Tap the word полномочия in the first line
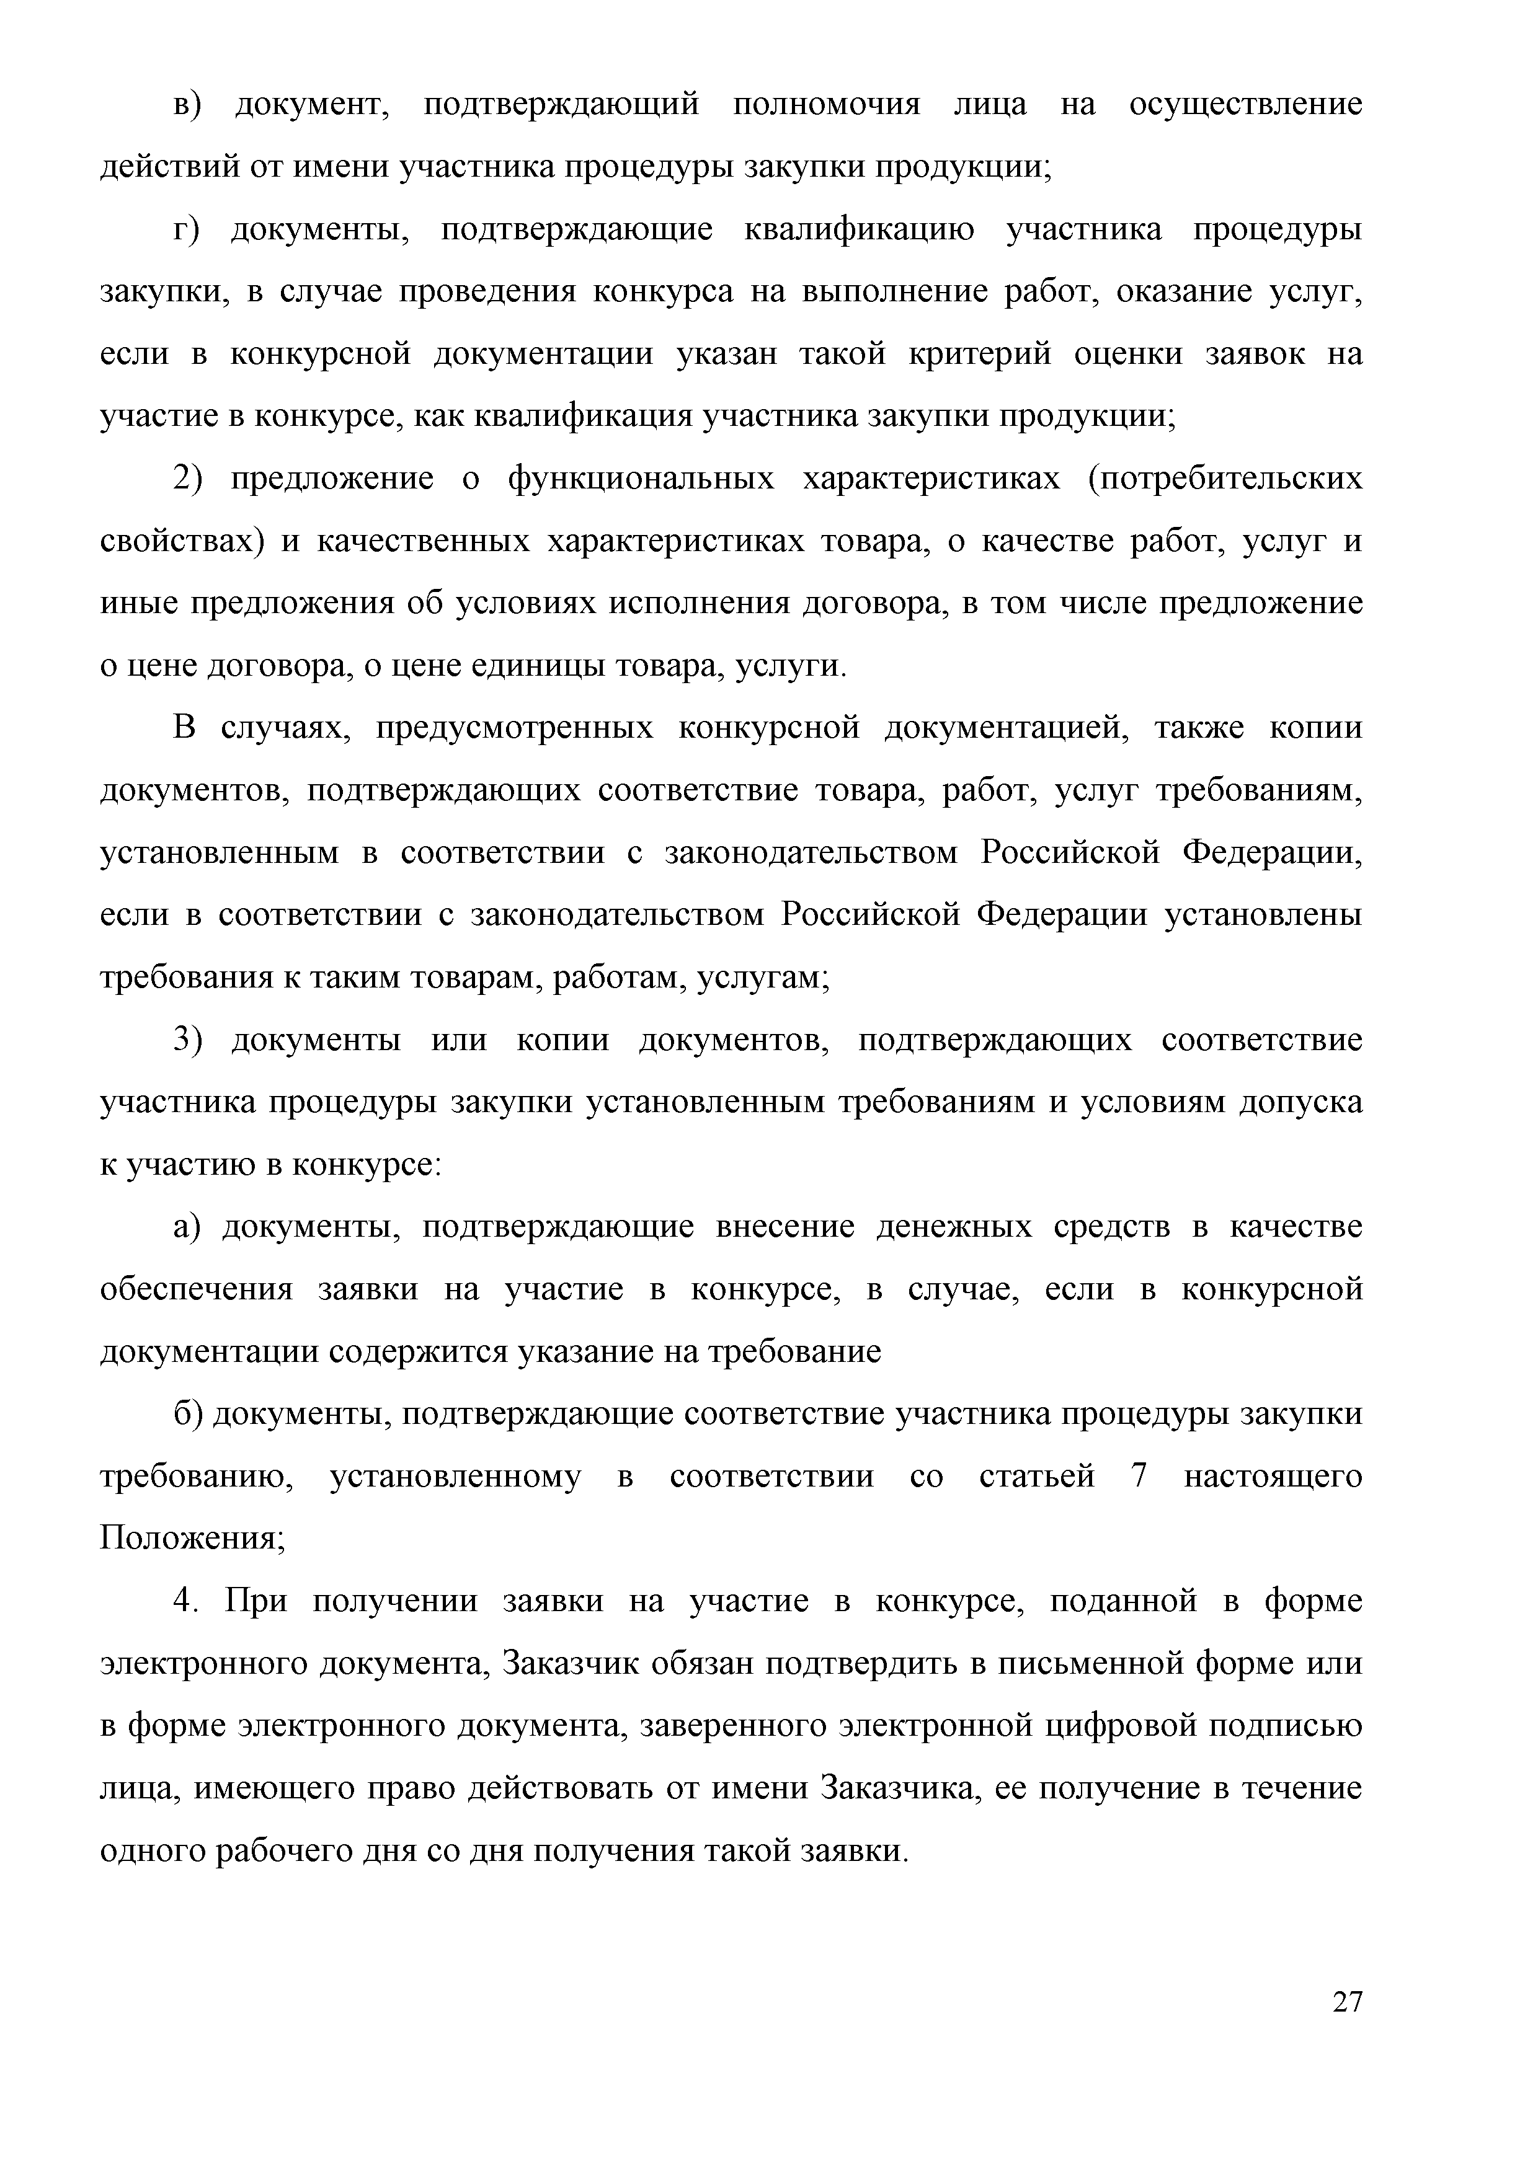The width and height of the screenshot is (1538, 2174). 827,104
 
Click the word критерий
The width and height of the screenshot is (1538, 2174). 980,355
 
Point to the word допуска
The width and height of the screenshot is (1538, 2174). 1301,1103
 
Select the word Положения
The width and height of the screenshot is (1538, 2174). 190,1540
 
